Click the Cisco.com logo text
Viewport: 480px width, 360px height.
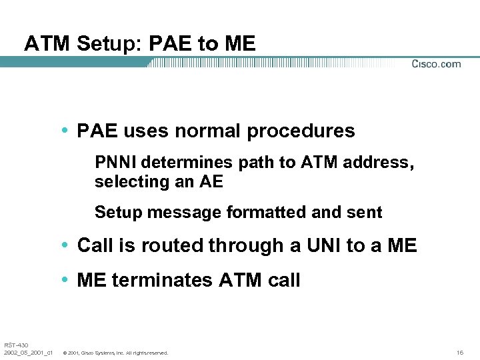pyautogui.click(x=436, y=64)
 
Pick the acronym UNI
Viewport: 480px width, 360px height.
pyautogui.click(x=323, y=245)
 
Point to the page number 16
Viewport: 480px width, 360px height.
pyautogui.click(x=460, y=352)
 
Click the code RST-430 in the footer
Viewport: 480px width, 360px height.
pyautogui.click(x=16, y=345)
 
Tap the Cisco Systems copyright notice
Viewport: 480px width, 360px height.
pyautogui.click(x=115, y=353)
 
